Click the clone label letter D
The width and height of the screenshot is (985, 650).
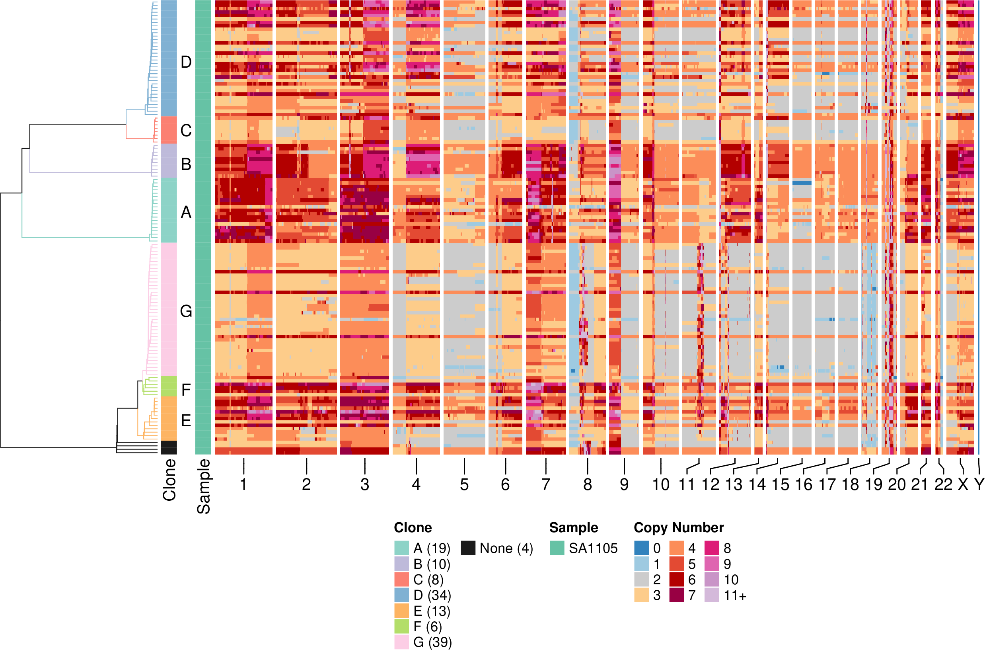[186, 62]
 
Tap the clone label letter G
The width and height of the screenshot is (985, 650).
[186, 311]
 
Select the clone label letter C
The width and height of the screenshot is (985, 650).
[186, 131]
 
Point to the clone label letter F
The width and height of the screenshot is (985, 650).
[186, 390]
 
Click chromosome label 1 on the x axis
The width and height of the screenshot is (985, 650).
[243, 484]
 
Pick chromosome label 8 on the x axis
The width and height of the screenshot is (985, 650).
[587, 484]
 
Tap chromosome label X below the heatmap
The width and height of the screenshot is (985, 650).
[963, 484]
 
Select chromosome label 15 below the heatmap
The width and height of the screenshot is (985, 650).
[781, 484]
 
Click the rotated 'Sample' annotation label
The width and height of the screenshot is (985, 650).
[203, 486]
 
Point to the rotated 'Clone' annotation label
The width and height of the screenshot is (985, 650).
[169, 480]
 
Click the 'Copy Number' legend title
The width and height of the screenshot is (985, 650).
[679, 527]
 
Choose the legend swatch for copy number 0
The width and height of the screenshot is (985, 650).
[641, 548]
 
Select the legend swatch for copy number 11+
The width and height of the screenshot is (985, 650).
[712, 595]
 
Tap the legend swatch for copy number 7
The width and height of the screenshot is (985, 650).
[676, 595]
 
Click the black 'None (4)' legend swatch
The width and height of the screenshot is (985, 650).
[468, 548]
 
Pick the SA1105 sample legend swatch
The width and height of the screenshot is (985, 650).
[557, 548]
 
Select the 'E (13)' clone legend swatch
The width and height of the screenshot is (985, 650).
[401, 611]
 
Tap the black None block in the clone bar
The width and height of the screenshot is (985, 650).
[169, 447]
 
